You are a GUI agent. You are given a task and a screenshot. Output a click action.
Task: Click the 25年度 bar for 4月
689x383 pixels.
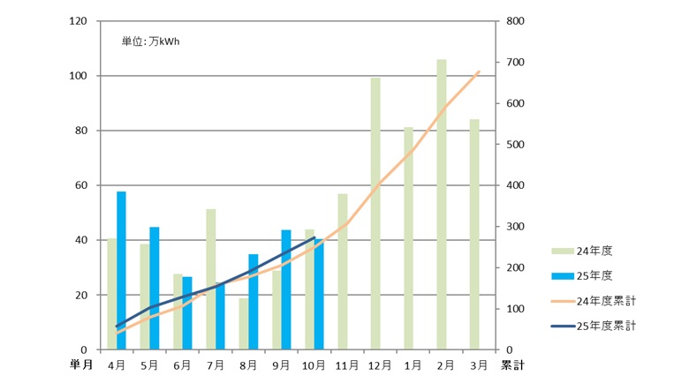122,270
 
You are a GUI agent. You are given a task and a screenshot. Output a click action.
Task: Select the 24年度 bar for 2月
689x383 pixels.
442,205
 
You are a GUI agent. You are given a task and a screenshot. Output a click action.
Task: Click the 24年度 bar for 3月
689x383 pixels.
474,235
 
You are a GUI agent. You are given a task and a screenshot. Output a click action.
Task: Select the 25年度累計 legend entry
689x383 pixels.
594,326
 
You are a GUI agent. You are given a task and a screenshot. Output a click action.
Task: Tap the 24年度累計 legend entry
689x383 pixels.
594,301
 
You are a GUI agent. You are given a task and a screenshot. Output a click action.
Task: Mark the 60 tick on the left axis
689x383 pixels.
79,185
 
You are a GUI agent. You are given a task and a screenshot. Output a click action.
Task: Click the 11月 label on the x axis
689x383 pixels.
347,364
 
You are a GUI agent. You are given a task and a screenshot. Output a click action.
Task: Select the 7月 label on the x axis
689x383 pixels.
216,364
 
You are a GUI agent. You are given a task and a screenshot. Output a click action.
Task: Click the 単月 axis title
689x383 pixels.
83,364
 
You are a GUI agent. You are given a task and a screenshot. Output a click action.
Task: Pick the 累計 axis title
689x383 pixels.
512,364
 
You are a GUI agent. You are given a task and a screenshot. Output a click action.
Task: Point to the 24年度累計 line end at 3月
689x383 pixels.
479,71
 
